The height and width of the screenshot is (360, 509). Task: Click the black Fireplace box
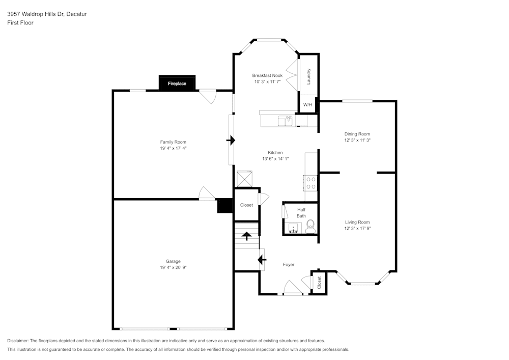point(177,83)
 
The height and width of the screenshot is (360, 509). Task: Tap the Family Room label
point(173,142)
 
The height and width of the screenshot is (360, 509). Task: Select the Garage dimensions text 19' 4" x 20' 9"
point(173,267)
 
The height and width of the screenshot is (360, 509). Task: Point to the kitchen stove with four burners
point(310,183)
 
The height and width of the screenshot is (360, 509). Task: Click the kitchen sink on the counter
point(285,121)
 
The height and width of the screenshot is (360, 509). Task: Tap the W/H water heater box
point(307,105)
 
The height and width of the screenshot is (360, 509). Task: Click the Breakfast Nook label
point(267,75)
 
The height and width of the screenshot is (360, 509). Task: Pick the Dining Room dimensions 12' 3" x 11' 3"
point(357,140)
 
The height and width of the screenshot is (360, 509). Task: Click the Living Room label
point(357,222)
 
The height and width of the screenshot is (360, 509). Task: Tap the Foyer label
point(289,264)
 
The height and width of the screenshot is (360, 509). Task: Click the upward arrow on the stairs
point(246,236)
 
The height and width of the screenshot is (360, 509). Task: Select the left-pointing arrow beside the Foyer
point(262,260)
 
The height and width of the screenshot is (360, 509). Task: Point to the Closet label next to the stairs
point(246,205)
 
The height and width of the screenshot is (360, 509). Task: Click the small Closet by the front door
point(319,283)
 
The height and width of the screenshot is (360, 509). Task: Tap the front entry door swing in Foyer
point(292,288)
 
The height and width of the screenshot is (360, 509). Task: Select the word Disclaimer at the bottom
point(18,341)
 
